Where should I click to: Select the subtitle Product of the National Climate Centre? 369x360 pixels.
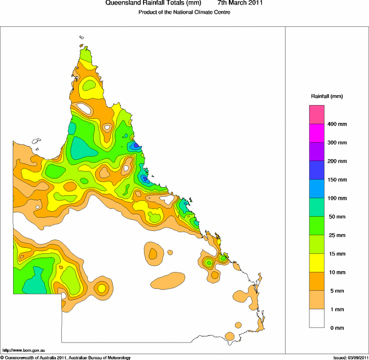click(x=184, y=13)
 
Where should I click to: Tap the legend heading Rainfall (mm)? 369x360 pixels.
click(x=327, y=96)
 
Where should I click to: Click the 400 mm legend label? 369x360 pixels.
click(x=337, y=124)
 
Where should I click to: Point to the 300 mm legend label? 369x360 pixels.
click(x=337, y=143)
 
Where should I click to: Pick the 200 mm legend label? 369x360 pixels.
click(x=337, y=161)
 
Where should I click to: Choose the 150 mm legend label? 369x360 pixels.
click(x=337, y=179)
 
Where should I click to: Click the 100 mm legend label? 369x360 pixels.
click(x=337, y=198)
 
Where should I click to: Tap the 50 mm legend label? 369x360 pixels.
click(x=336, y=217)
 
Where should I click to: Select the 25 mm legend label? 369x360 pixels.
click(x=336, y=235)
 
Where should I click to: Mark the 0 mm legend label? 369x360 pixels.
click(x=335, y=328)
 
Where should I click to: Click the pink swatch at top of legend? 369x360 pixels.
click(x=317, y=114)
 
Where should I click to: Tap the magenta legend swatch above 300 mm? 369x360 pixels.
click(x=317, y=133)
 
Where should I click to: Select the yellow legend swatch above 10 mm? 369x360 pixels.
click(x=317, y=263)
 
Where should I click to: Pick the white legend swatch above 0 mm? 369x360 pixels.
click(x=317, y=318)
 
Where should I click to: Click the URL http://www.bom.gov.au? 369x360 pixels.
click(x=24, y=350)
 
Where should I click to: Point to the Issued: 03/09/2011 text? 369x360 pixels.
click(x=350, y=357)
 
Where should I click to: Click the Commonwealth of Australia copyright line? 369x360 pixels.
click(x=66, y=357)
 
